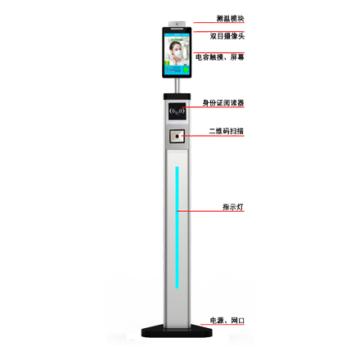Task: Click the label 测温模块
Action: [x=230, y=18]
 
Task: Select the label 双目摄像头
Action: [x=227, y=36]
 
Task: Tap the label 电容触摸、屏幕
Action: [x=220, y=57]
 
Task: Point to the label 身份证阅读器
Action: [x=223, y=103]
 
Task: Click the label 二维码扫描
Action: [x=227, y=131]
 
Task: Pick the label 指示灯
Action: [x=233, y=207]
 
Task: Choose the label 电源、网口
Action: [x=227, y=320]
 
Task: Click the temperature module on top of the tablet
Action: [x=177, y=25]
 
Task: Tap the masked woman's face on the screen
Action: [x=176, y=49]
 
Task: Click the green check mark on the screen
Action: [x=186, y=70]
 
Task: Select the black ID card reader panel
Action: [x=177, y=111]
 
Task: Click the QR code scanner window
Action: [x=177, y=136]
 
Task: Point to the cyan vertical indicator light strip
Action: [x=177, y=227]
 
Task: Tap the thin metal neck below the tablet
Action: [x=177, y=86]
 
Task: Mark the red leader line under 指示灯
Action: [x=210, y=211]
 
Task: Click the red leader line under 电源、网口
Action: [x=223, y=325]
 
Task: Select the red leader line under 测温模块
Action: [x=218, y=23]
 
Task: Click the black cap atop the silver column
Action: [x=177, y=97]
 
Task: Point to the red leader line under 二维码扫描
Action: [x=213, y=136]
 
